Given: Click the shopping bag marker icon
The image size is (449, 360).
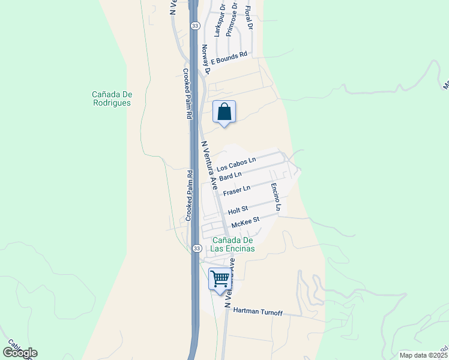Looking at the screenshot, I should pyautogui.click(x=224, y=112).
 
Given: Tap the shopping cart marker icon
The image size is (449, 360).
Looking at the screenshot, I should pyautogui.click(x=220, y=279).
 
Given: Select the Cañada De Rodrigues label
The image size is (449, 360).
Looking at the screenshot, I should pyautogui.click(x=112, y=98).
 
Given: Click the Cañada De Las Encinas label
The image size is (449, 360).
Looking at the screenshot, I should pyautogui.click(x=233, y=244).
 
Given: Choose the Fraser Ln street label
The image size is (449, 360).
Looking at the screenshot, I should pyautogui.click(x=237, y=191).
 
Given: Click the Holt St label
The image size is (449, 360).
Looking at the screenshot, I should pyautogui.click(x=238, y=210).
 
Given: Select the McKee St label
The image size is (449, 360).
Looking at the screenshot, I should pyautogui.click(x=245, y=221).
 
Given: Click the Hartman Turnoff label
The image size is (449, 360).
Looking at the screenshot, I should pyautogui.click(x=257, y=311).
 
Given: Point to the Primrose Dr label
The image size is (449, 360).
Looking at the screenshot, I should pyautogui.click(x=232, y=22).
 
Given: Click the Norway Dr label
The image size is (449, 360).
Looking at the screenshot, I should pyautogui.click(x=205, y=59).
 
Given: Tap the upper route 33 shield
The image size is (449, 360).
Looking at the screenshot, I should pyautogui.click(x=195, y=26).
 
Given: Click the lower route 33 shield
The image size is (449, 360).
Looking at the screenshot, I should pyautogui.click(x=196, y=248).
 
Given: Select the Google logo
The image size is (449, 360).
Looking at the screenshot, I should pyautogui.click(x=20, y=353).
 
